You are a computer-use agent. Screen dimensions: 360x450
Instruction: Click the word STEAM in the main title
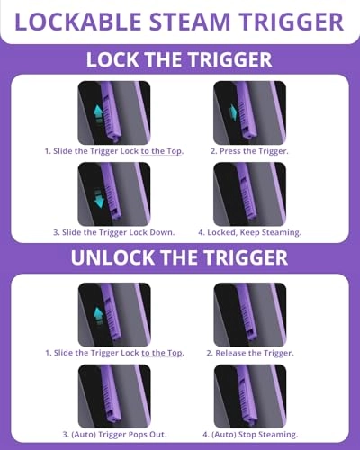tap(191, 22)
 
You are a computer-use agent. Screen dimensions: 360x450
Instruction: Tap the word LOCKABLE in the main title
tap(78, 22)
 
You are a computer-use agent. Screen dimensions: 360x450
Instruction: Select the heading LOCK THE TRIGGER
tap(179, 59)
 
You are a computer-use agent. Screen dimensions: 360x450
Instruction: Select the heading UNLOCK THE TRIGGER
tap(179, 257)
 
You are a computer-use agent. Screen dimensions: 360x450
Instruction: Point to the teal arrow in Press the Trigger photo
tap(233, 112)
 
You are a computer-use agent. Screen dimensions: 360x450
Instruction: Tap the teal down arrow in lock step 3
tap(99, 198)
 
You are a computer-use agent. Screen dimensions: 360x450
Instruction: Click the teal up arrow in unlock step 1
tap(98, 315)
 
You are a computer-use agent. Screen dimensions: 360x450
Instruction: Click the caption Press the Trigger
tap(249, 151)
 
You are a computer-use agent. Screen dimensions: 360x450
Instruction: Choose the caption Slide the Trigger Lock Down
tap(114, 232)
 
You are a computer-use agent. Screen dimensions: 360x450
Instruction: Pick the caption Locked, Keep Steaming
tap(249, 232)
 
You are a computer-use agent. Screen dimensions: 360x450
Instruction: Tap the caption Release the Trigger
tap(250, 353)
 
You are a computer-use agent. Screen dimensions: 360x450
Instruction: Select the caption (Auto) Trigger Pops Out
tap(114, 434)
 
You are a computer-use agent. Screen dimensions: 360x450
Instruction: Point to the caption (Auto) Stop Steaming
tap(250, 434)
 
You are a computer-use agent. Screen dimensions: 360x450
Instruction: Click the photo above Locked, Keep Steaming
tap(250, 194)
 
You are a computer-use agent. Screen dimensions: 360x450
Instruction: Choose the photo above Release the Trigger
tap(250, 315)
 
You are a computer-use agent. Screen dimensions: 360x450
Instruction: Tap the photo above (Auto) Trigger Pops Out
tap(114, 396)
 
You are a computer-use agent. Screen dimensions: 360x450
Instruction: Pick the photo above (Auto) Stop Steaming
tap(250, 396)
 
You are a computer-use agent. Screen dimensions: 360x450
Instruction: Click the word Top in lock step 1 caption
tap(175, 151)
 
